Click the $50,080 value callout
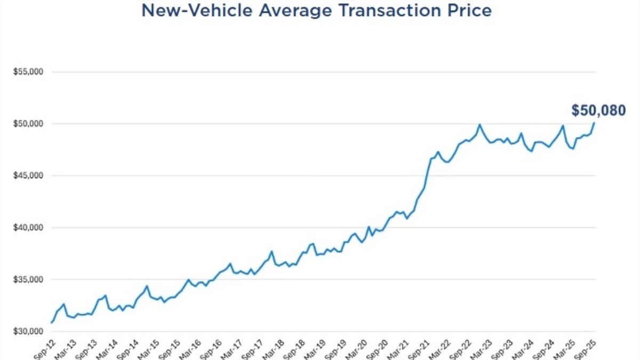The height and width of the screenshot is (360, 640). click(x=598, y=110)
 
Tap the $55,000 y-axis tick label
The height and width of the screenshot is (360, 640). click(x=28, y=71)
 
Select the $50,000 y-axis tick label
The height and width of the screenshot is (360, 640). click(x=28, y=124)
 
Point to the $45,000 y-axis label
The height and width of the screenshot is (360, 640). click(x=28, y=175)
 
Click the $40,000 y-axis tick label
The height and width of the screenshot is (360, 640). click(x=28, y=228)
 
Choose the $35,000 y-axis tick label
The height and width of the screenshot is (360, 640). click(x=28, y=279)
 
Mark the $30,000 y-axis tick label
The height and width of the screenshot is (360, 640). click(x=28, y=331)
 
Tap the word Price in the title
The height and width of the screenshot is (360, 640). click(x=470, y=10)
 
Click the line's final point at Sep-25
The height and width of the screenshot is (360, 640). click(x=594, y=123)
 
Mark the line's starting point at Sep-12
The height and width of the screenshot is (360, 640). click(x=51, y=323)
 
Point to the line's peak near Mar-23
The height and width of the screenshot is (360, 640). click(x=479, y=125)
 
